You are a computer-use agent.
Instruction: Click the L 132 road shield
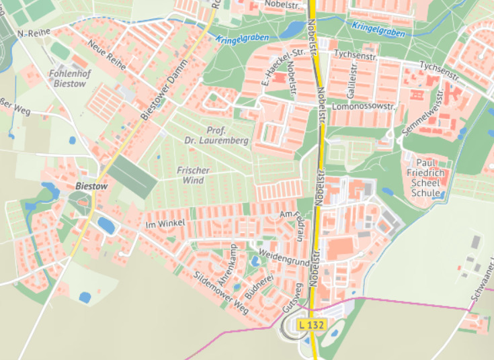point(311,324)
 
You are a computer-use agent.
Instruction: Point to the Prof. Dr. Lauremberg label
point(217,135)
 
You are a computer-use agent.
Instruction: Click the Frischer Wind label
point(193,175)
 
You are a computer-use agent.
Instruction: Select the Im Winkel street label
point(165,223)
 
